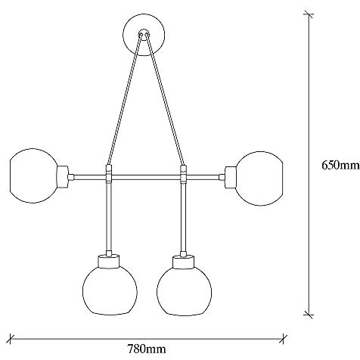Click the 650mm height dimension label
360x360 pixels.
[x=340, y=166]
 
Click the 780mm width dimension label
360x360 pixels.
[x=147, y=349]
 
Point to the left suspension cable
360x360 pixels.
[x=124, y=100]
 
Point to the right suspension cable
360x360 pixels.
[x=166, y=100]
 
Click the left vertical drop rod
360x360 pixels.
[x=109, y=216]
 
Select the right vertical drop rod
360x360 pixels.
[x=183, y=216]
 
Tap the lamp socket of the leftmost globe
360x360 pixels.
[x=62, y=177]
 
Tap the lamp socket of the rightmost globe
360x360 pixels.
[x=231, y=178]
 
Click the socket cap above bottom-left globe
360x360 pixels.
[x=108, y=261]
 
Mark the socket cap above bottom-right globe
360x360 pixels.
[x=183, y=262]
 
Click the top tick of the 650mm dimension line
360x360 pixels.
[x=309, y=14]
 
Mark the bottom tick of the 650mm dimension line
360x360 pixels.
[x=309, y=315]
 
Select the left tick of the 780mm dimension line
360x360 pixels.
[x=10, y=339]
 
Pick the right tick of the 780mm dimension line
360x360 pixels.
[x=284, y=339]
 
